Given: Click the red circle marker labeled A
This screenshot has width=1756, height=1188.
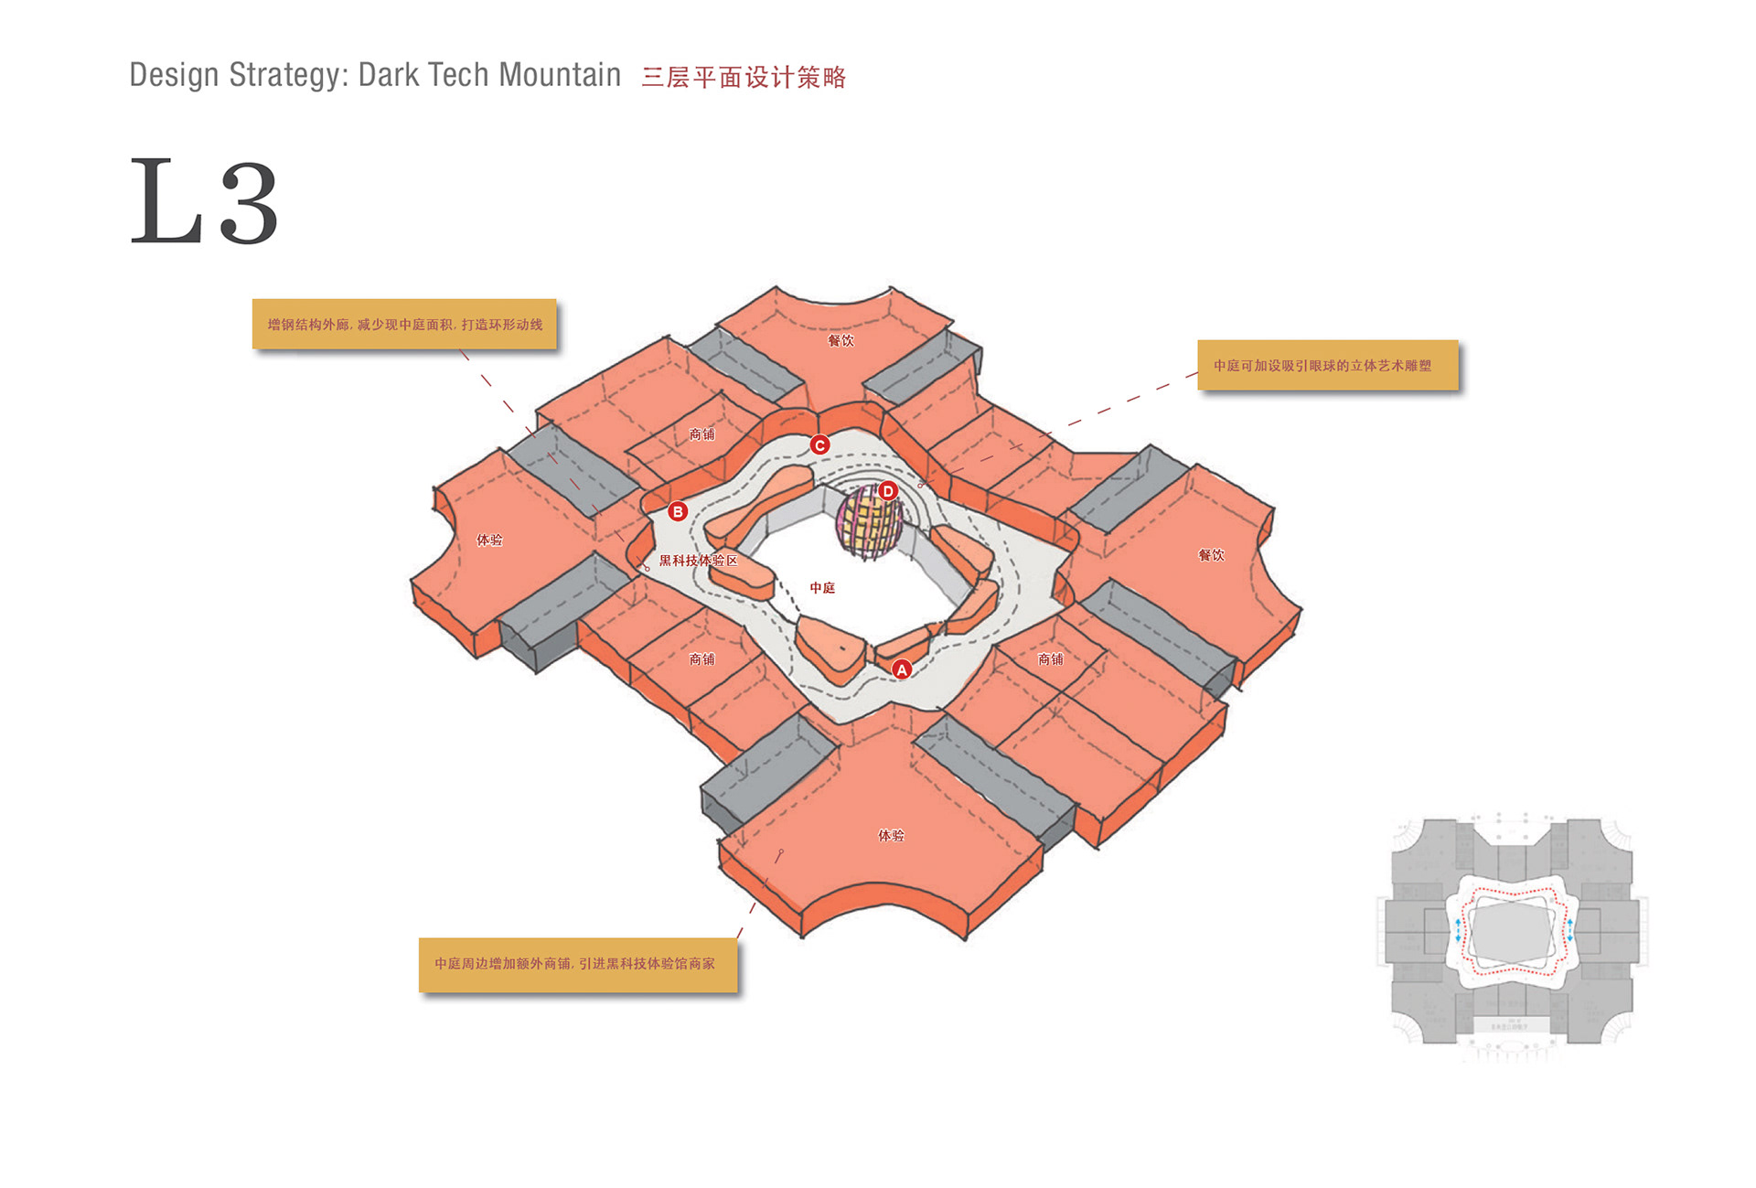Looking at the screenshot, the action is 902,669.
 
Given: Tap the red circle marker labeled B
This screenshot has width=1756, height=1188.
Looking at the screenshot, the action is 678,511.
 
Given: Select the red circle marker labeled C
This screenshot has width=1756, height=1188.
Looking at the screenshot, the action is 820,445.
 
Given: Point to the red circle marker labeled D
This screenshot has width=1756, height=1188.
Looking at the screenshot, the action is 887,491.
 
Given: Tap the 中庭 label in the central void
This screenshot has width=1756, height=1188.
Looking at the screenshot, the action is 822,588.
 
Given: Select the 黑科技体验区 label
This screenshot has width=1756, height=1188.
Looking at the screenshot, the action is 698,561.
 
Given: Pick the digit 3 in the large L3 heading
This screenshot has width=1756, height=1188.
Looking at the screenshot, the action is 249,203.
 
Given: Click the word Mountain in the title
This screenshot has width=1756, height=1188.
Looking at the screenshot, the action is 560,75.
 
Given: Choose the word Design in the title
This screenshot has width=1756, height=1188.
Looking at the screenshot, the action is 174,75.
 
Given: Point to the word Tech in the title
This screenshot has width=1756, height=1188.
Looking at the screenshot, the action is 457,75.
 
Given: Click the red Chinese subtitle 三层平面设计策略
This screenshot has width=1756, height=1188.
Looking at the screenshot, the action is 744,78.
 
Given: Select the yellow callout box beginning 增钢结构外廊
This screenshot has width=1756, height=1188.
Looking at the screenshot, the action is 404,324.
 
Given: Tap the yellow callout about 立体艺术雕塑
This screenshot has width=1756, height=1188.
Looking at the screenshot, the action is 1327,365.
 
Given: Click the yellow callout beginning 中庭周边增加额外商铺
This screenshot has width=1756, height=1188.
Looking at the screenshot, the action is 577,964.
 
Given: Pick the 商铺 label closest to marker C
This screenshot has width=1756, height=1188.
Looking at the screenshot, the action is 701,434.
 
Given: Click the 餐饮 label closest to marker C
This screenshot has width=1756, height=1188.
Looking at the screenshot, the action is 841,340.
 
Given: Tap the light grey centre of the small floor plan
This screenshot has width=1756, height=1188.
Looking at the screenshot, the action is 1511,932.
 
